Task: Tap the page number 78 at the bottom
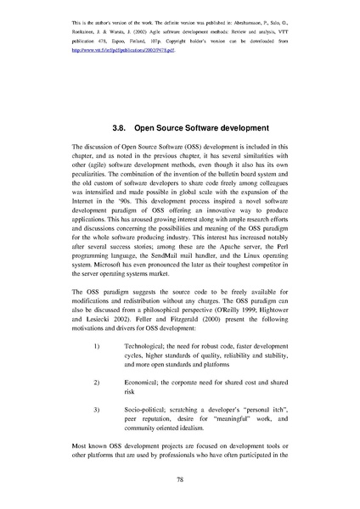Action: tap(180, 479)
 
